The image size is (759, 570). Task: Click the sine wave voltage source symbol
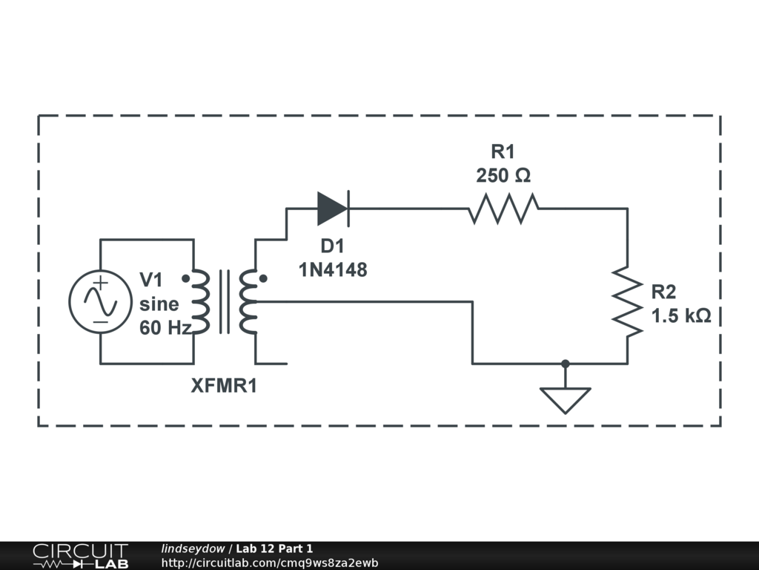coord(99,301)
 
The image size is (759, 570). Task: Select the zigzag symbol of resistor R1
coord(503,209)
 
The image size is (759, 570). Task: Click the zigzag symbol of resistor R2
coord(627,301)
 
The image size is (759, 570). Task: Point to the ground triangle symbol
coord(566,399)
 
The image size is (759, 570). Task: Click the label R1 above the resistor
coord(503,152)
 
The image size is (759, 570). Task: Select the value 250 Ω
coord(503,176)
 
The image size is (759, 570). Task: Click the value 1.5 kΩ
coord(681,316)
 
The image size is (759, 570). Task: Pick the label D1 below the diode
coord(332,246)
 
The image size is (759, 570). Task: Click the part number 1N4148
coord(333,270)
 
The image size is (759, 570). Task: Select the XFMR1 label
coord(225,386)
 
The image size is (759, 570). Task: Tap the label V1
coord(151,280)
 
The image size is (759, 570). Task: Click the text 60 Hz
coord(165,327)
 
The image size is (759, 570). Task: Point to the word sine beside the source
coord(159,304)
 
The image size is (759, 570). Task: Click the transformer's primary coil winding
coord(201,301)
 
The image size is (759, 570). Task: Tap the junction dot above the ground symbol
coord(566,364)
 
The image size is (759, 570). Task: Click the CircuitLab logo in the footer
coord(80,556)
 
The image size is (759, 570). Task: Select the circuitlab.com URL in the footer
coord(270,563)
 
